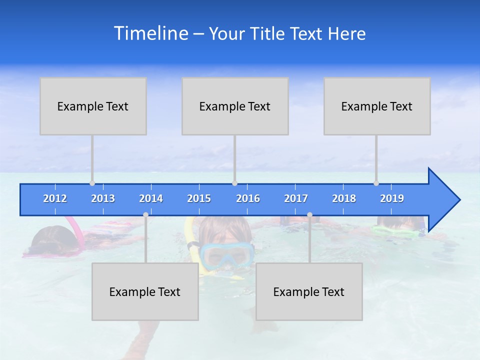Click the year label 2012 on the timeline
point(55,198)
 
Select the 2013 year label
point(103,198)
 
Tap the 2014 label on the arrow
point(151,198)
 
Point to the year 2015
point(199,198)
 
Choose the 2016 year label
point(248,198)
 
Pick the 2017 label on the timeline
point(296,198)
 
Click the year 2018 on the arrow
point(344,198)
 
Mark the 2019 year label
point(392,198)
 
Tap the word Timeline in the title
point(150,33)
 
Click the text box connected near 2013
point(93,106)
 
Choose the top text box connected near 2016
point(235,106)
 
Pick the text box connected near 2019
point(377,106)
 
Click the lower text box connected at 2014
point(145,291)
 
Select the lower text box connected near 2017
point(309,291)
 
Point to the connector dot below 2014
point(145,214)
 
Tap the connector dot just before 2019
point(376,183)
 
